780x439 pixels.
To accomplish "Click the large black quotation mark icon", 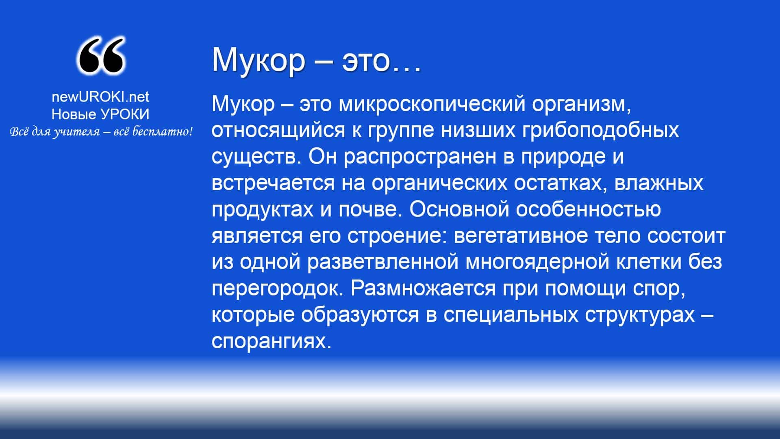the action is (x=100, y=56).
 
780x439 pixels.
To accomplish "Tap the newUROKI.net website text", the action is (x=100, y=97).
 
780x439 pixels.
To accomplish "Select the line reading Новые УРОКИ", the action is (x=100, y=114).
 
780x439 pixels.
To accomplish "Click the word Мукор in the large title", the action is (x=258, y=60).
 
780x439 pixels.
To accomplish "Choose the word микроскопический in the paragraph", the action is (x=432, y=105).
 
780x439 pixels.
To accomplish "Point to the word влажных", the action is (x=658, y=183).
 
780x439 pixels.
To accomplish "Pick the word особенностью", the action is (x=589, y=210).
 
